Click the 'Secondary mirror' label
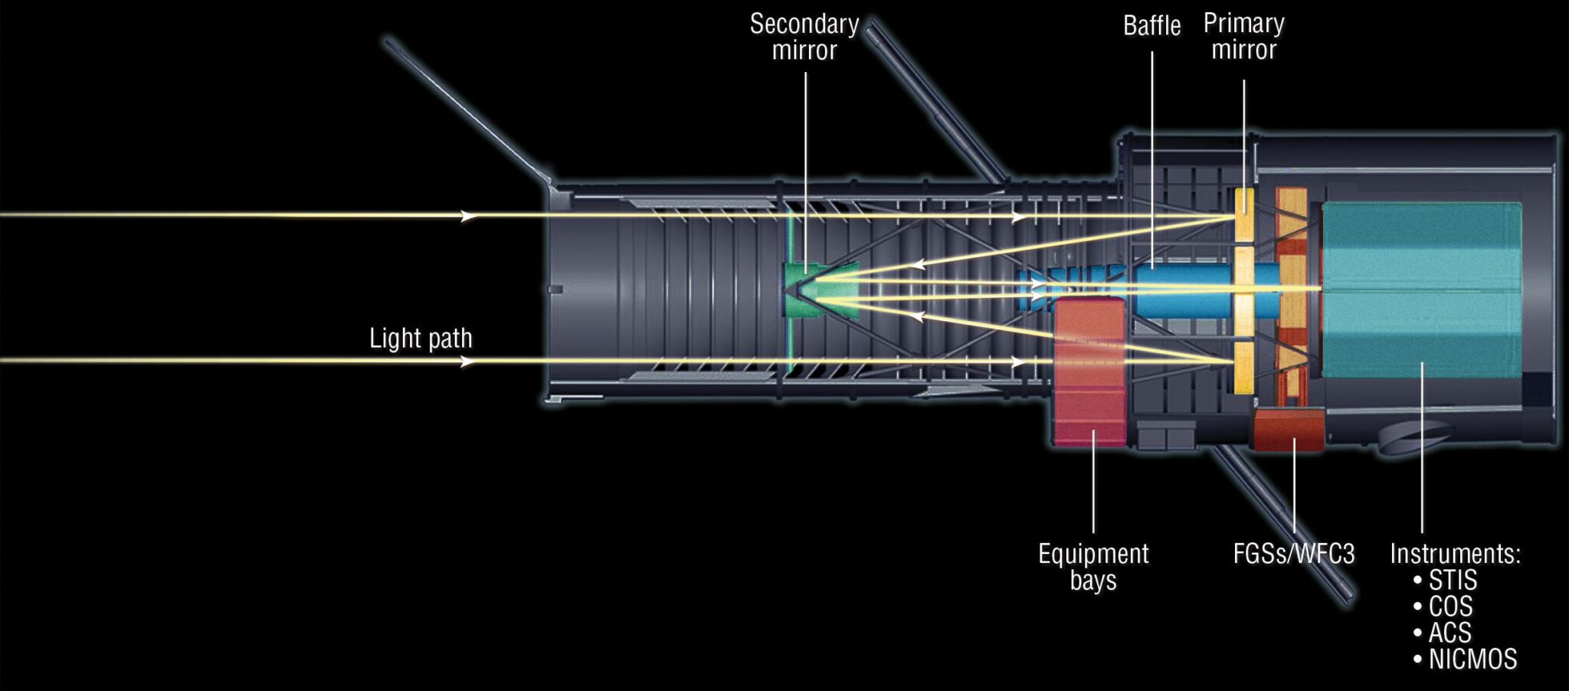804,37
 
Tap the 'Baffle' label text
1151,26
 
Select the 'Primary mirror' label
1243,36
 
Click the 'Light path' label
421,339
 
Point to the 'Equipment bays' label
1093,566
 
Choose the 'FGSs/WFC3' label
1294,554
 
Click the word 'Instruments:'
1455,554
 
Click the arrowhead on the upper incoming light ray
468,216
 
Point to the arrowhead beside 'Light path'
468,362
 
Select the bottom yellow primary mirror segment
1243,368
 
